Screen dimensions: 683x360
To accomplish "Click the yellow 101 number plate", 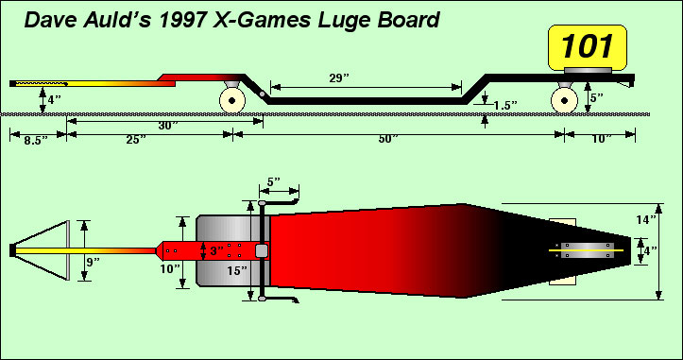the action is coord(588,47).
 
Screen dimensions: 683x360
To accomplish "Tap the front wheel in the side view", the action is coord(232,101).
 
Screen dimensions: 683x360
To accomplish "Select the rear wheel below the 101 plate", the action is coord(564,101).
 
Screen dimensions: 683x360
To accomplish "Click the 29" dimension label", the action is coord(339,78).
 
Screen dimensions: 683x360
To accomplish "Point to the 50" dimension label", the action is coord(388,139).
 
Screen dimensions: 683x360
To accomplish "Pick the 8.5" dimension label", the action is coord(36,141).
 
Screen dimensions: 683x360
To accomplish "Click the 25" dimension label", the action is coord(136,140).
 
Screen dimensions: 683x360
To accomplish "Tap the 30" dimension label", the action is coord(168,126).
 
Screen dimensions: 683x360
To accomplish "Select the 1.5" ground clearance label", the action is coord(505,106).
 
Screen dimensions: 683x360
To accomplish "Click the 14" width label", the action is coord(645,219).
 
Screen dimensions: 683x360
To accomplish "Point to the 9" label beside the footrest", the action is coord(93,262).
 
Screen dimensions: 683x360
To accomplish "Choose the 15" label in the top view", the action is coord(237,270).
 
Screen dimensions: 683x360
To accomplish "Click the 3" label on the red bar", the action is coord(217,251).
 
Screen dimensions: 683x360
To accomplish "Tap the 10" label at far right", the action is coord(602,139).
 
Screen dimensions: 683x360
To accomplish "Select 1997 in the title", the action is coord(182,21).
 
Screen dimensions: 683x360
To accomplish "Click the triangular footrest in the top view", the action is coord(42,250).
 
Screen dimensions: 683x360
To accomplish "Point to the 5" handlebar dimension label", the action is coord(274,181).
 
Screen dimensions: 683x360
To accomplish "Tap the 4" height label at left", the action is coord(54,99).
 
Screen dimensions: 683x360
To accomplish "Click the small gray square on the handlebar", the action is coord(262,251).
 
